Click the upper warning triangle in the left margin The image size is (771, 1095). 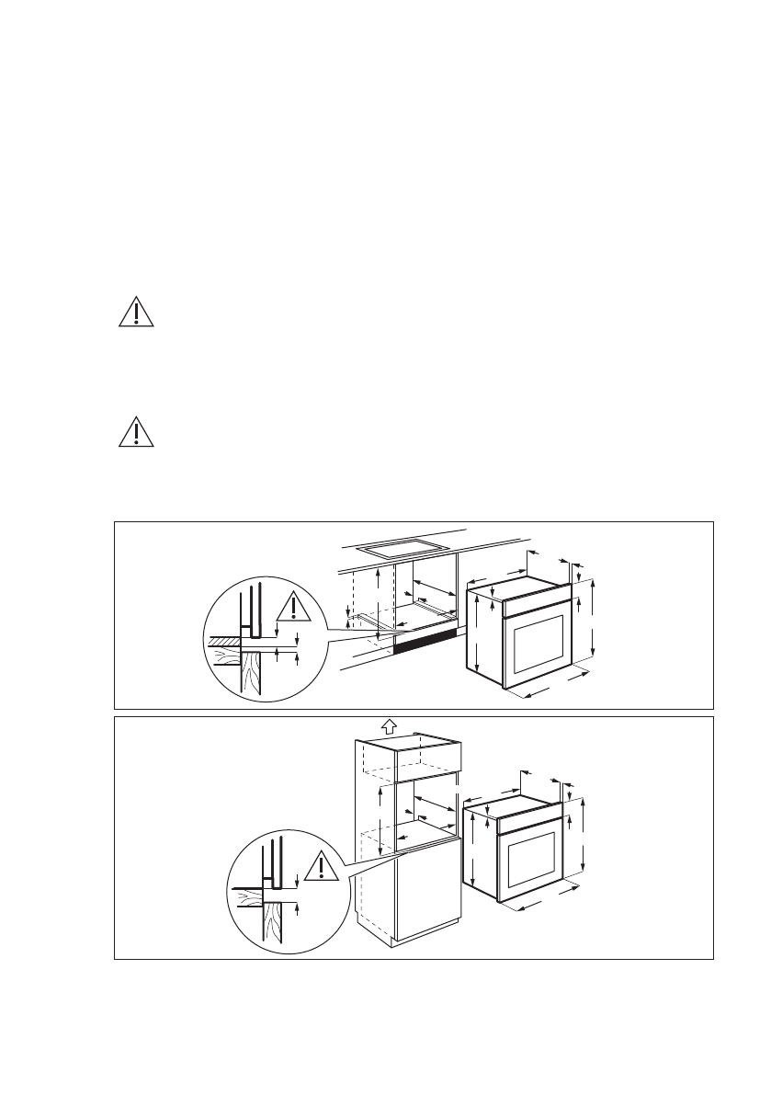click(x=136, y=313)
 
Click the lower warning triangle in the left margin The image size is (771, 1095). click(x=136, y=431)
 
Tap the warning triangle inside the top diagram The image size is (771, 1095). click(x=292, y=606)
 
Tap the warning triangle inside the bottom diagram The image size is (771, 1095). click(x=319, y=866)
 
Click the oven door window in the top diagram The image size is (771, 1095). click(x=537, y=644)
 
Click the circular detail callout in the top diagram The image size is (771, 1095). click(x=265, y=639)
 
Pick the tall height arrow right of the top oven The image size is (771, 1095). click(x=594, y=625)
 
